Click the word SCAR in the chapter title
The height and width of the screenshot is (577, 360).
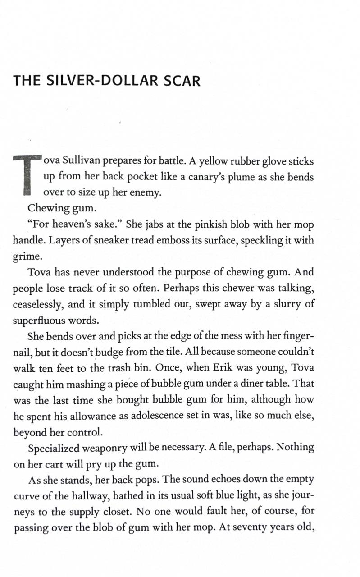[x=182, y=82]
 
